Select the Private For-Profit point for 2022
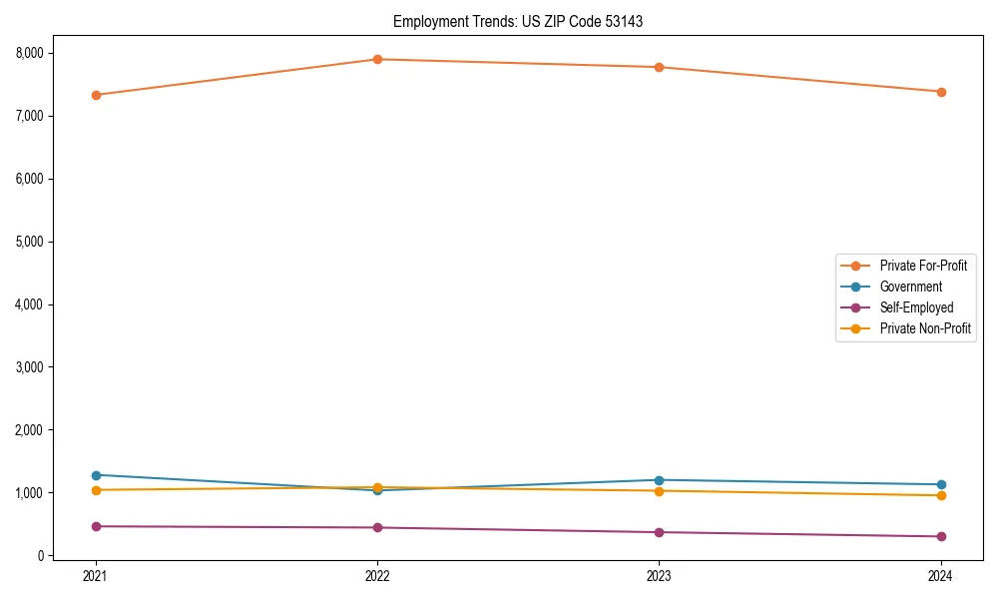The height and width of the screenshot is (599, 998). [x=377, y=59]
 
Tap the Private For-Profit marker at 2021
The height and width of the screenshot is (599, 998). [x=96, y=95]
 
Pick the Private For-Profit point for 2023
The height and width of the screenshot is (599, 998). [x=659, y=67]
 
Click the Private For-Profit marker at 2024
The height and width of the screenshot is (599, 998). [x=940, y=92]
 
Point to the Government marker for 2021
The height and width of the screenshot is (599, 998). [x=96, y=475]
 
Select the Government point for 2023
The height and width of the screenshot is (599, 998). [x=659, y=480]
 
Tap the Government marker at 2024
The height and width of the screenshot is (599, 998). [x=940, y=484]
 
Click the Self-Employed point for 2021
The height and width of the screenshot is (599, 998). [x=96, y=526]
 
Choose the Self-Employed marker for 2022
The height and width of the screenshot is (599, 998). [x=377, y=527]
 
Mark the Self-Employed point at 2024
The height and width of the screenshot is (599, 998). [x=940, y=536]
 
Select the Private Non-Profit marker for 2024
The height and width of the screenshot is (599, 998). [x=940, y=495]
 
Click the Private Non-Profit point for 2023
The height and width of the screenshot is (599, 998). [x=659, y=490]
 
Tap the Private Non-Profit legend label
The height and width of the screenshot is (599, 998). [x=925, y=328]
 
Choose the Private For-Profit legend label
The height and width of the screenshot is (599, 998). [x=923, y=266]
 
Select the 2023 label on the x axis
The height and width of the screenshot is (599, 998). [x=659, y=576]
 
